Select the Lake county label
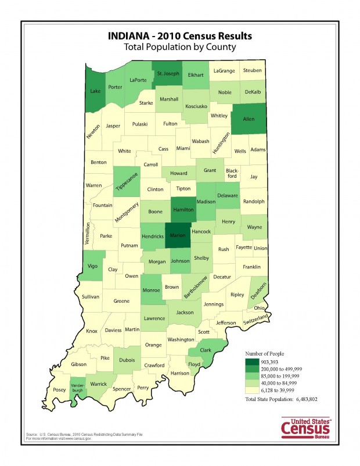[95, 91]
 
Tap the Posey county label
[75, 390]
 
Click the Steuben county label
[253, 71]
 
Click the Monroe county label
[151, 290]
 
